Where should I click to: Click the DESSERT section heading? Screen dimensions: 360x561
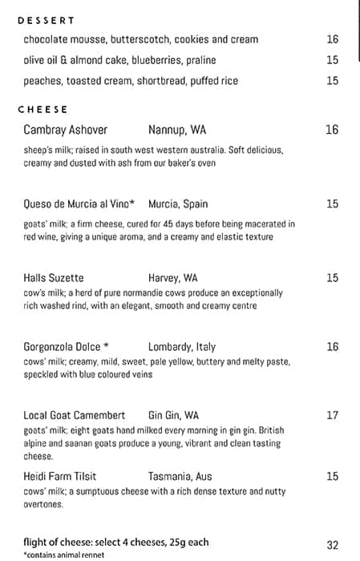point(46,21)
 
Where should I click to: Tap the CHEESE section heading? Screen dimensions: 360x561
point(42,110)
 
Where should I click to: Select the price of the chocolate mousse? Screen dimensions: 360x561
point(333,39)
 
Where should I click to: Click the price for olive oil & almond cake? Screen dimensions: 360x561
point(333,60)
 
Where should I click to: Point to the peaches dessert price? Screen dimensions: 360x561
point(333,81)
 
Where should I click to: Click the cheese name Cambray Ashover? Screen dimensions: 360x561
point(66,130)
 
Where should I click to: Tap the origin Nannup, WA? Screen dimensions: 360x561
point(177,130)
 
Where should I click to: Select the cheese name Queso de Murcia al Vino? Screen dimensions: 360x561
point(79,204)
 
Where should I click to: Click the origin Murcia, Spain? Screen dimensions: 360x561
point(178,204)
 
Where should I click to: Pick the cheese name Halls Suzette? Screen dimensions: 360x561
point(54,279)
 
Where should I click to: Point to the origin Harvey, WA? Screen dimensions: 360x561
point(173,279)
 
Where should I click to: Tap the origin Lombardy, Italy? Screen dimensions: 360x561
point(182,347)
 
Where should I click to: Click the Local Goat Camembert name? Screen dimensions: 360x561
point(75,416)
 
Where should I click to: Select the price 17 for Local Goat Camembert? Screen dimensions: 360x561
point(333,416)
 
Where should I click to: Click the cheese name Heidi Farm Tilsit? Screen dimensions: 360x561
point(67,477)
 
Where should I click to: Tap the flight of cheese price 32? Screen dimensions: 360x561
point(333,545)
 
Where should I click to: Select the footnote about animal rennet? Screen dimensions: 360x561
point(64,555)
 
